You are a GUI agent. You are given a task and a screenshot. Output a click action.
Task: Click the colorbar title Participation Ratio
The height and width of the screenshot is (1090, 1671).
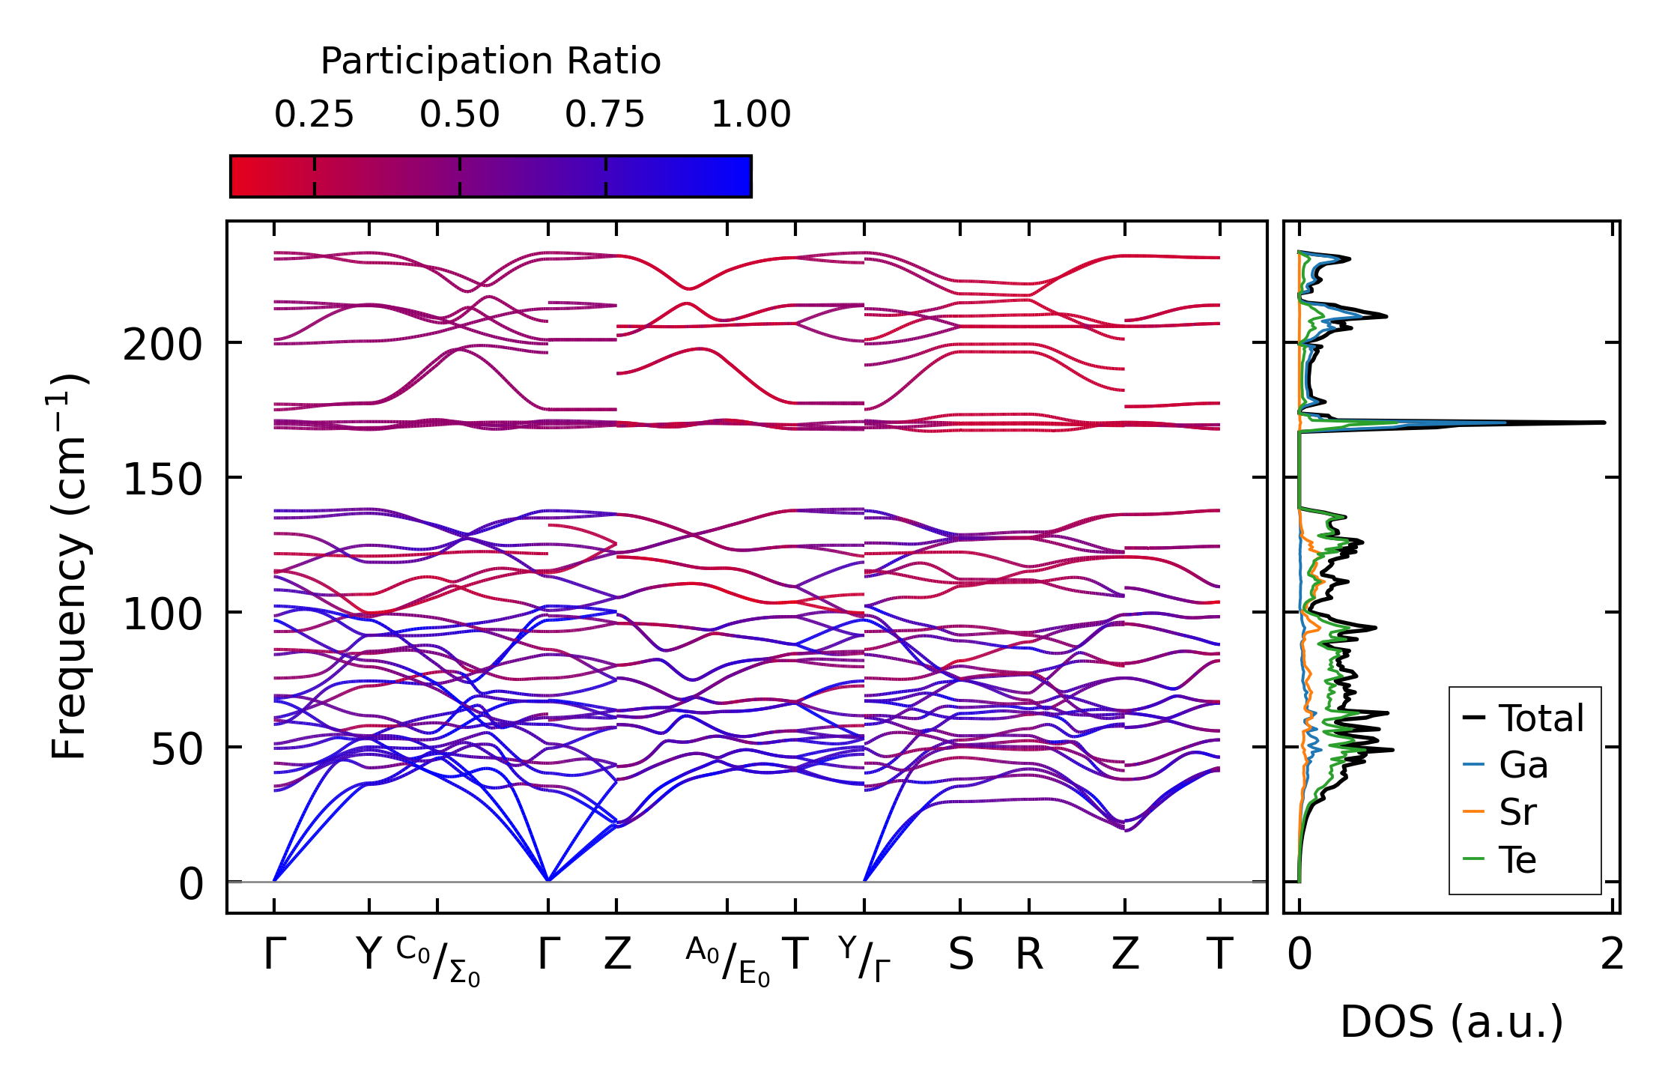point(491,61)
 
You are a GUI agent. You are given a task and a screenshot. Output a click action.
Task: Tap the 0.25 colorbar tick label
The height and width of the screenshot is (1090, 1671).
point(314,115)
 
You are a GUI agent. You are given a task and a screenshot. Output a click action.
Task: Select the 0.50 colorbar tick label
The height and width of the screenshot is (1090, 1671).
point(459,115)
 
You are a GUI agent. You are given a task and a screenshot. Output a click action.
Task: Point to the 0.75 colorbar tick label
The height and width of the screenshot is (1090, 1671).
point(604,115)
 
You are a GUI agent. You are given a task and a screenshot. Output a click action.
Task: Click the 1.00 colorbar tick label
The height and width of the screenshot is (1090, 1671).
point(750,115)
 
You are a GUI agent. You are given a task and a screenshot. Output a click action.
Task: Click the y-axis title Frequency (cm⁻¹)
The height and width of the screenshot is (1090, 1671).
point(69,566)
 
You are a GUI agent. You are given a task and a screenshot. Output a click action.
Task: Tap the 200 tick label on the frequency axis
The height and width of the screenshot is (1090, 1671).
point(163,345)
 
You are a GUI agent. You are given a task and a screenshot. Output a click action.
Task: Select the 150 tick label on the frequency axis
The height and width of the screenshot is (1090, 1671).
point(163,479)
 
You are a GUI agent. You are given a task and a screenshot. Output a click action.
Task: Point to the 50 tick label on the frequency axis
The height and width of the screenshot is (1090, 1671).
point(177,748)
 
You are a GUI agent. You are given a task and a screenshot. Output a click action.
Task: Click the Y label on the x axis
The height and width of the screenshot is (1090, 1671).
point(369,954)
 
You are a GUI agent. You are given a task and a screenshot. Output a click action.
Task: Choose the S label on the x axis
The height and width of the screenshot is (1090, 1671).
point(961,954)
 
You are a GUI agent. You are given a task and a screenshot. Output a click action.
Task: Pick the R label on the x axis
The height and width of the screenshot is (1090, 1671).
point(1029,954)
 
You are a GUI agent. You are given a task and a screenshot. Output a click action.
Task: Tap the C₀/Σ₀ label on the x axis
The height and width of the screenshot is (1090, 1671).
point(438,961)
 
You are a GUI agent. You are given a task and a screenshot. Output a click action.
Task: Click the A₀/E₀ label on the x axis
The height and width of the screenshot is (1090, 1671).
point(727,961)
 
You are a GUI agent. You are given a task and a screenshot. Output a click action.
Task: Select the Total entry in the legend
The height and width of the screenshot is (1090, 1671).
point(1541,718)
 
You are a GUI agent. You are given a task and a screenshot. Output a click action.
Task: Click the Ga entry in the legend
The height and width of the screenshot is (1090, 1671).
point(1523,766)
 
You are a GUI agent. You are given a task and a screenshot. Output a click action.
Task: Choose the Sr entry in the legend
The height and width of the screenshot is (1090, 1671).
point(1517,812)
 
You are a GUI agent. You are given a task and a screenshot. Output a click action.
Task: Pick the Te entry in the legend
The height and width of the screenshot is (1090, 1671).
point(1517,859)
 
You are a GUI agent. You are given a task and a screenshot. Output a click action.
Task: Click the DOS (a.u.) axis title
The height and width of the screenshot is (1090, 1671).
point(1452,1022)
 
